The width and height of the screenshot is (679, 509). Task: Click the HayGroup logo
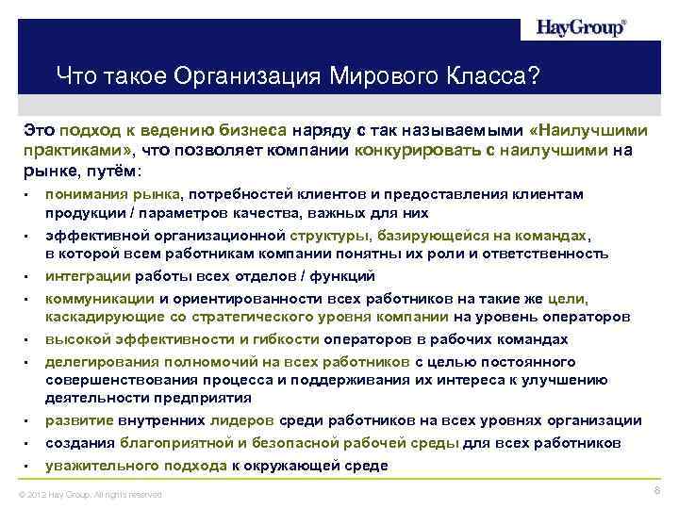point(579,27)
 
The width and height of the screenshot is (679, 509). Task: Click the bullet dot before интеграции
point(29,277)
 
